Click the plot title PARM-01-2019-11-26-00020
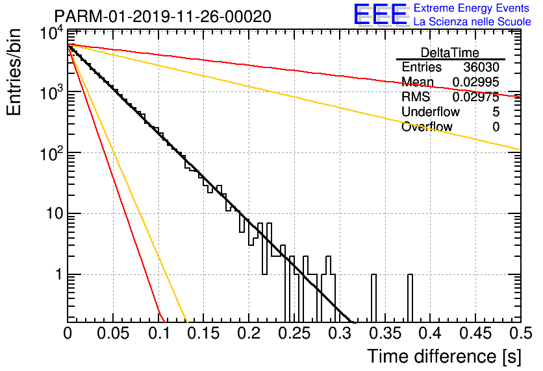click(x=162, y=16)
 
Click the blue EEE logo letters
click(x=381, y=14)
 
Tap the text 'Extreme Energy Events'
click(x=472, y=8)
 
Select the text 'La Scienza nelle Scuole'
click(x=472, y=22)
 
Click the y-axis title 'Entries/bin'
click(x=14, y=73)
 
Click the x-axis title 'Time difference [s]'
click(x=444, y=356)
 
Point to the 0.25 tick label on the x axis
click(x=294, y=333)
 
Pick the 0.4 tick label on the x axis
click(x=431, y=333)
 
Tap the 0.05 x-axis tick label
click(x=113, y=333)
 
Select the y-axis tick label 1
click(x=58, y=274)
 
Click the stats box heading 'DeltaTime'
click(x=450, y=53)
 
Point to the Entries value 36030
click(x=481, y=67)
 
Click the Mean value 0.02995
click(x=476, y=82)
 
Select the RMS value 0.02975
click(x=476, y=97)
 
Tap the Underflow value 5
click(x=496, y=112)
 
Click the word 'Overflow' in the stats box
click(x=427, y=127)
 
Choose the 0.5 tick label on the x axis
click(x=521, y=333)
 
